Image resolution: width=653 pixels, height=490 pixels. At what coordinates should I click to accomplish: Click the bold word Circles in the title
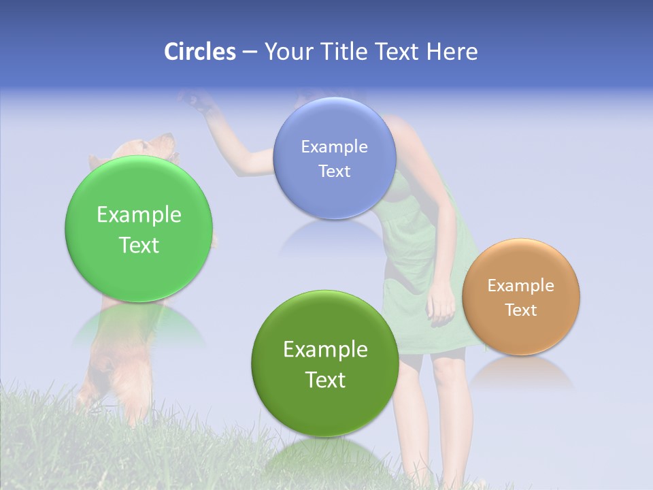point(200,52)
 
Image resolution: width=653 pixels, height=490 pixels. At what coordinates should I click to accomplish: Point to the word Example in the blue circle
point(334,146)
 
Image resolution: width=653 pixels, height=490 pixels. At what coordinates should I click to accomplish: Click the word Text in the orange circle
point(521,310)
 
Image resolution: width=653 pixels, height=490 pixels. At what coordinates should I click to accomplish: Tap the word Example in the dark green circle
point(325,350)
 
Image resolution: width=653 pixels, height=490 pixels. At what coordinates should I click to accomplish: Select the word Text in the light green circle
point(139,245)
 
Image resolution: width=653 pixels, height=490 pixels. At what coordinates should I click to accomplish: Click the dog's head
point(146,147)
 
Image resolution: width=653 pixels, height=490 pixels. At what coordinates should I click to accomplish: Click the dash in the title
point(249,52)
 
